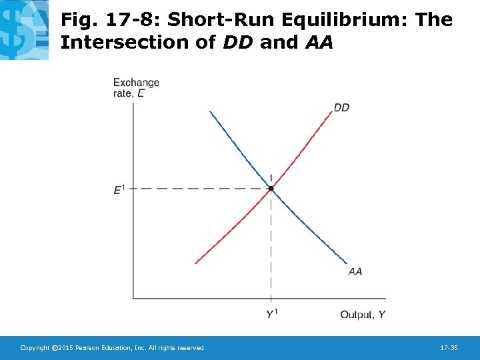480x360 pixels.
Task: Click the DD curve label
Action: click(341, 107)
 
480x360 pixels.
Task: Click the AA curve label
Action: click(355, 271)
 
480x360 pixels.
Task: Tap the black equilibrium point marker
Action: click(271, 189)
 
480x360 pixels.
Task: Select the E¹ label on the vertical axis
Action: click(119, 189)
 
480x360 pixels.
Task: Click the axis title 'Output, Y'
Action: click(363, 314)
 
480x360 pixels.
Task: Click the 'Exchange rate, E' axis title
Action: click(136, 88)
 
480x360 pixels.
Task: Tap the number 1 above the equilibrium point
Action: click(271, 177)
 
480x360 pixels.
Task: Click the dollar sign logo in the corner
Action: click(24, 30)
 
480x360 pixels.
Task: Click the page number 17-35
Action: click(449, 348)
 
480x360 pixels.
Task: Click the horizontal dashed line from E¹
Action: click(200, 189)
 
